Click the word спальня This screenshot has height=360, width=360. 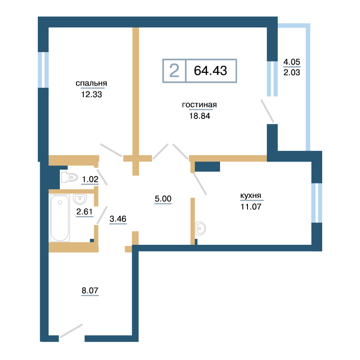pyautogui.click(x=91, y=83)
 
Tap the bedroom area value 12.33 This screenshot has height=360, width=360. pyautogui.click(x=91, y=94)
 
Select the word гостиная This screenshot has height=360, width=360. pyautogui.click(x=199, y=105)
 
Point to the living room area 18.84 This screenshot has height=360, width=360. pyautogui.click(x=199, y=116)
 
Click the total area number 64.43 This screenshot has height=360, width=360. pyautogui.click(x=211, y=71)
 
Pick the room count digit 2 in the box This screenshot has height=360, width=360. pyautogui.click(x=174, y=71)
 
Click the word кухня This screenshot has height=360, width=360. pyautogui.click(x=251, y=196)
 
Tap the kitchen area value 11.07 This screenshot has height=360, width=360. pyautogui.click(x=251, y=207)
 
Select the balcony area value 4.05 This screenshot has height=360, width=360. pyautogui.click(x=292, y=62)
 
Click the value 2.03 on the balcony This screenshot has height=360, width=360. pyautogui.click(x=292, y=72)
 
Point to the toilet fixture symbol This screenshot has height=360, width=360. pyautogui.click(x=69, y=177)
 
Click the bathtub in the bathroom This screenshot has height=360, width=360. pyautogui.click(x=60, y=218)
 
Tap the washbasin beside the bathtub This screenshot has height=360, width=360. pyautogui.click(x=80, y=199)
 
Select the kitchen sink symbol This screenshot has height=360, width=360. pyautogui.click(x=200, y=229)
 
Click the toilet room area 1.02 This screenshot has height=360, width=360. pyautogui.click(x=90, y=179)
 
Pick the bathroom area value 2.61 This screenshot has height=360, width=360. pyautogui.click(x=85, y=211)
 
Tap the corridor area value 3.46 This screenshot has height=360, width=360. pyautogui.click(x=118, y=219)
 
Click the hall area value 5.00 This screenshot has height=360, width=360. pyautogui.click(x=163, y=198)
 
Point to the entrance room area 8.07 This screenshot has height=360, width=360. pyautogui.click(x=90, y=290)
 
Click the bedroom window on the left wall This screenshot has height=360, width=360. pyautogui.click(x=43, y=70)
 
